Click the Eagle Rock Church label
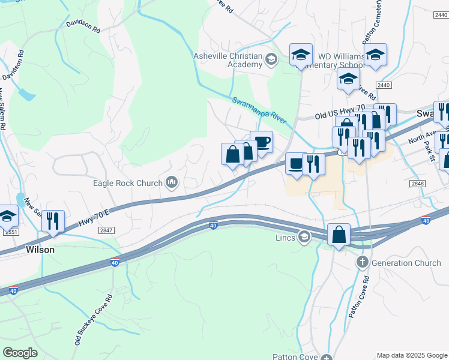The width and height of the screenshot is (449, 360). click(127, 184)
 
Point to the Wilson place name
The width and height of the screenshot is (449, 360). click(40, 250)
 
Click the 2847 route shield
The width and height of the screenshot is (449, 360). click(106, 230)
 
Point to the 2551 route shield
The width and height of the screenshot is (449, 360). click(7, 231)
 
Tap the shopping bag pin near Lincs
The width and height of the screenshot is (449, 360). click(339, 234)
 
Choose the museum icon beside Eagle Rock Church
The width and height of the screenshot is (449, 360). click(172, 183)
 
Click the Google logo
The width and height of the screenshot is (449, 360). click(20, 353)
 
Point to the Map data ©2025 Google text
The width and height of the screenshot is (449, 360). click(412, 355)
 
